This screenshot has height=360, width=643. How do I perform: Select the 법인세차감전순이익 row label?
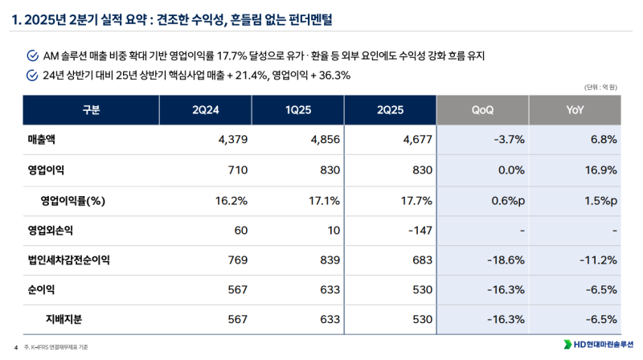pos(69,260)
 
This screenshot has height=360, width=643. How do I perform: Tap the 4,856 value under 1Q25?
pos(324,140)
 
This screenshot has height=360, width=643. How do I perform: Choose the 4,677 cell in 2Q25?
pos(416,140)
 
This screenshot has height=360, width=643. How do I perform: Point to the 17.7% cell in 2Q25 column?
pos(416,200)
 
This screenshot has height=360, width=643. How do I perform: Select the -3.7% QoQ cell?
pos(508,140)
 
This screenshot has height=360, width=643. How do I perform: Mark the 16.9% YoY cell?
pos(600,170)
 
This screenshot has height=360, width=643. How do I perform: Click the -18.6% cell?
pos(506,260)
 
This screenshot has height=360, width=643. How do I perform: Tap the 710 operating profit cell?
pos(240,170)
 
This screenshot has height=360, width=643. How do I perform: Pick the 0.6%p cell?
pos(506,200)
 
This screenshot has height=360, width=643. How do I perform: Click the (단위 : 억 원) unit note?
pos(600,88)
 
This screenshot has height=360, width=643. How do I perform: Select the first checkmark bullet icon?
pos(32,55)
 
